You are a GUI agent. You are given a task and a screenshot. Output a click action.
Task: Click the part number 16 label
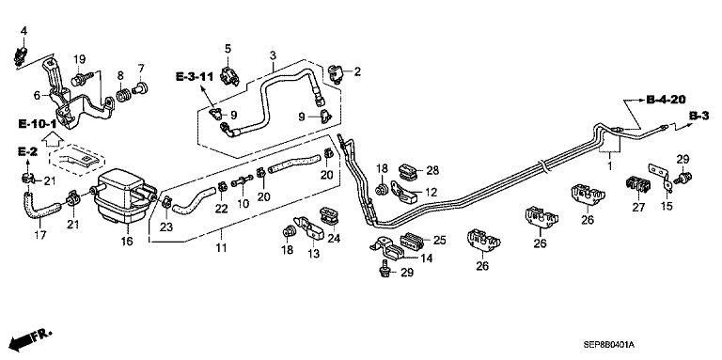pos(127,242)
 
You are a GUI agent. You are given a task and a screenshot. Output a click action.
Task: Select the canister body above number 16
pos(124,197)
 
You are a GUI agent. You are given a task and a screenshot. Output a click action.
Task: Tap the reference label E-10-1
pos(38,124)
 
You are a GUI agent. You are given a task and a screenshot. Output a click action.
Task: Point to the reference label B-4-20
pos(667,99)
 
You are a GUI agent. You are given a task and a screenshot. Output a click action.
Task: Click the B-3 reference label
pos(698,116)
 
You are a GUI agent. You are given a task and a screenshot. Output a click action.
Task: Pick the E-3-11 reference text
pos(195,77)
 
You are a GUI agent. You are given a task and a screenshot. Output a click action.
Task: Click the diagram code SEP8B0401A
pos(609,345)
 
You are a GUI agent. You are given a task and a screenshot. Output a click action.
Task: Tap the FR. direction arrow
pos(31,338)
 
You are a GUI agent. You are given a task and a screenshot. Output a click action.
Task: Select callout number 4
pos(24,31)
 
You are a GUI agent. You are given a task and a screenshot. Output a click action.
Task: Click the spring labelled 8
pos(122,97)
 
